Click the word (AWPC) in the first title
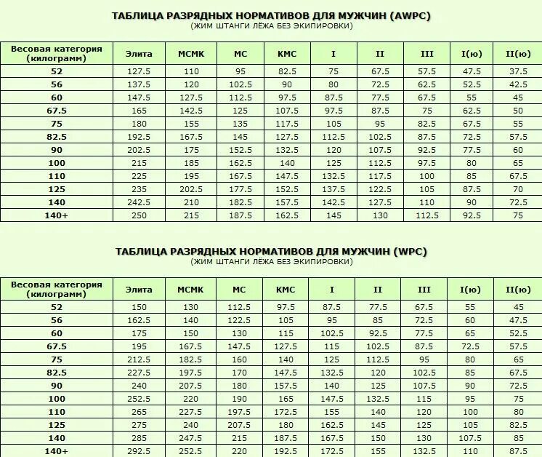click(x=408, y=15)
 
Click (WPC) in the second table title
click(x=410, y=251)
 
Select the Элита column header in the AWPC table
click(x=139, y=54)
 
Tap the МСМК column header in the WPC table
click(x=191, y=289)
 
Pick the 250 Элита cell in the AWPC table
click(x=139, y=215)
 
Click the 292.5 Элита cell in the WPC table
click(x=139, y=451)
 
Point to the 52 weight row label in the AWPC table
click(x=57, y=71)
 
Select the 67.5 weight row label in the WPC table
click(x=57, y=346)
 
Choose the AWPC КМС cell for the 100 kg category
click(x=287, y=163)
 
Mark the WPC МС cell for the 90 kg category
click(x=240, y=386)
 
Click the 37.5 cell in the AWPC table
click(x=518, y=71)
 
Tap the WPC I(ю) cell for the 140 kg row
click(x=471, y=438)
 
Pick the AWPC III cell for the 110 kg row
click(x=426, y=176)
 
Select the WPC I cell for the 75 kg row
click(x=333, y=359)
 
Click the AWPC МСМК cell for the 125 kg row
click(x=191, y=189)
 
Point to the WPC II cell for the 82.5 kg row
click(x=379, y=373)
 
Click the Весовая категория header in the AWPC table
click(x=57, y=53)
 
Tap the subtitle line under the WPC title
click(x=271, y=261)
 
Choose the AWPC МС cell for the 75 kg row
click(x=240, y=124)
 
